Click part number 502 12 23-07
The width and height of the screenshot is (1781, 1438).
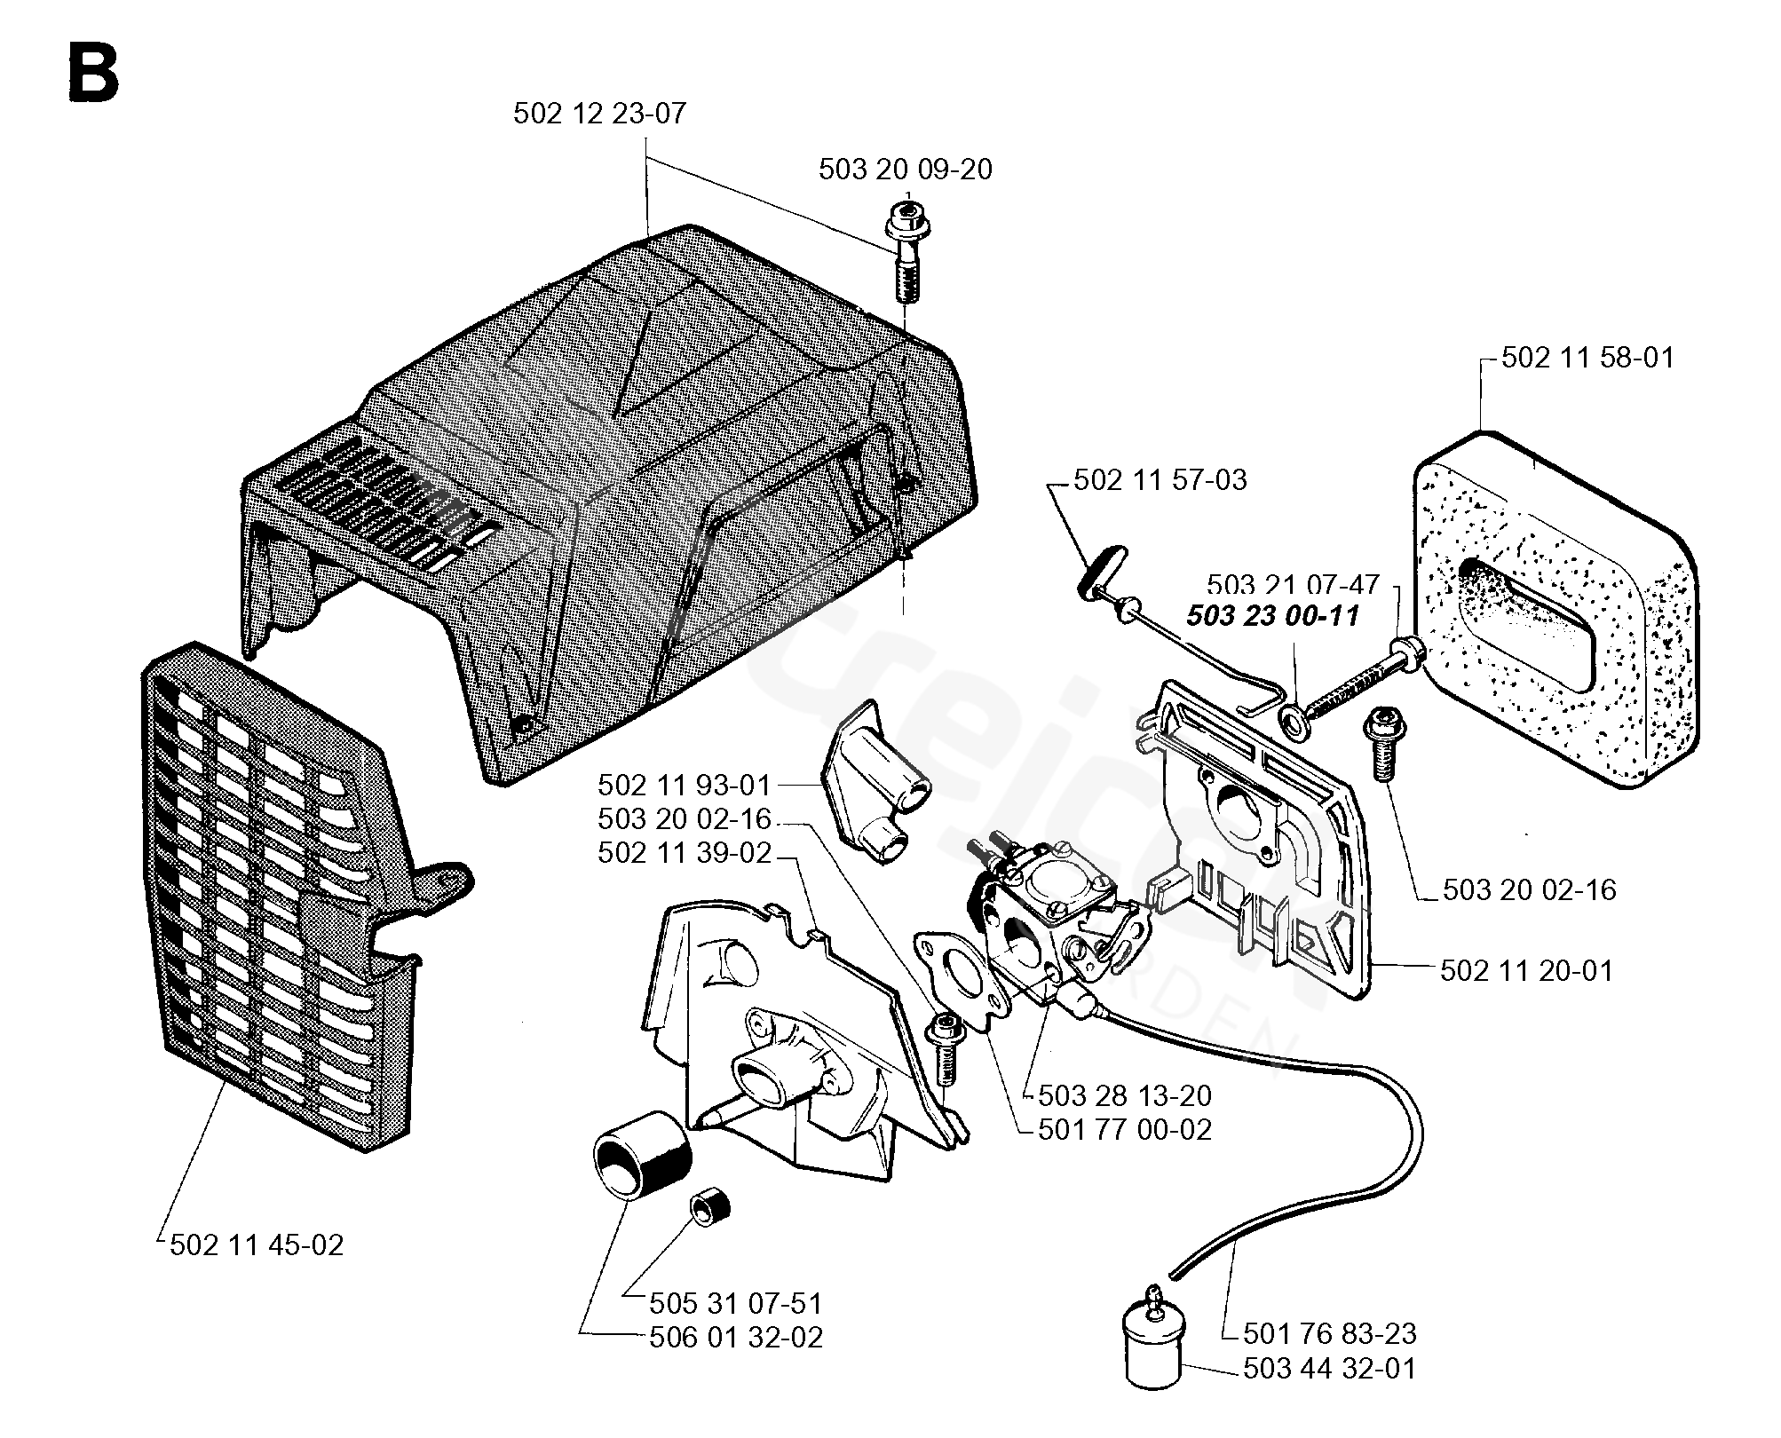pyautogui.click(x=599, y=115)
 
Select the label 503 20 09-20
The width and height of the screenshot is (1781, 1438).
pyautogui.click(x=905, y=169)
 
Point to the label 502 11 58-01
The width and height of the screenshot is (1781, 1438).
pyautogui.click(x=1587, y=358)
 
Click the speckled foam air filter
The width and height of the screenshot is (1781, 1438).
pyautogui.click(x=1554, y=612)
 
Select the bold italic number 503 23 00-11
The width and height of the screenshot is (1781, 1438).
pyautogui.click(x=1272, y=616)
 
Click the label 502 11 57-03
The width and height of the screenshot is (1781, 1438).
pyautogui.click(x=1160, y=480)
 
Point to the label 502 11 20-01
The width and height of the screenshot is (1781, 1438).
pyautogui.click(x=1526, y=971)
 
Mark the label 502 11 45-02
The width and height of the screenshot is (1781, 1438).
pyautogui.click(x=256, y=1245)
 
